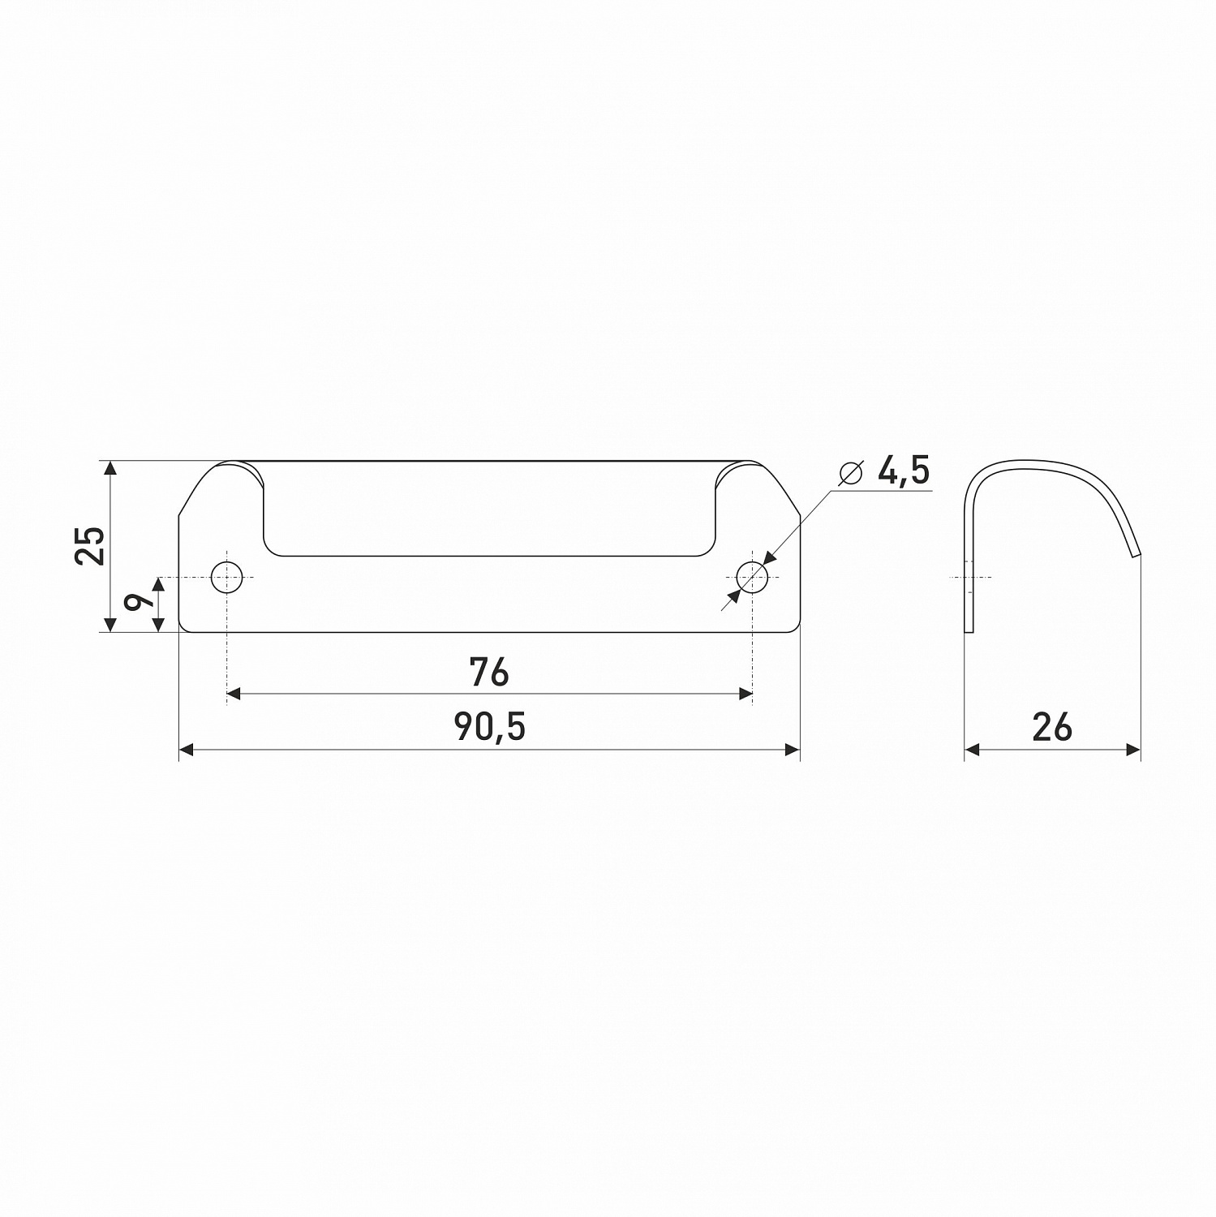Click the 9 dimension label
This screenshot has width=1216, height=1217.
(139, 602)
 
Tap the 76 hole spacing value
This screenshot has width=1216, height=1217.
(489, 672)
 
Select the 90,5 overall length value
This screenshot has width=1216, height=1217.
(490, 727)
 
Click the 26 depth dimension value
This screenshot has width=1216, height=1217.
(1052, 727)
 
